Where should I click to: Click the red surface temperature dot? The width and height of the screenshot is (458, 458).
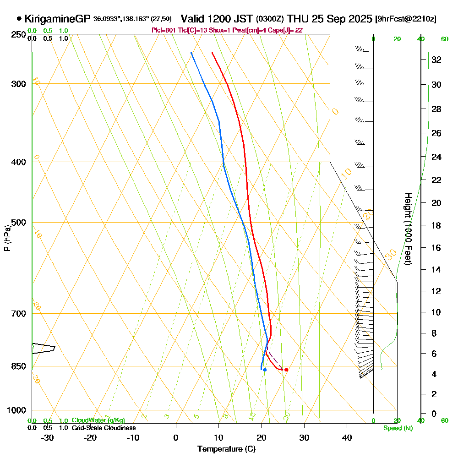click(x=286, y=370)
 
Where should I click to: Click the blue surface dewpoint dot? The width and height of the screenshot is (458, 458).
click(x=265, y=370)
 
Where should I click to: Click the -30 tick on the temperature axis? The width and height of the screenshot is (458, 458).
click(x=47, y=437)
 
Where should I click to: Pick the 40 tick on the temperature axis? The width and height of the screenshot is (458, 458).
click(x=347, y=437)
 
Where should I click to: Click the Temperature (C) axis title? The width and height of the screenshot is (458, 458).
click(x=226, y=449)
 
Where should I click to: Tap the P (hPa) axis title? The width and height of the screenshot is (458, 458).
click(x=7, y=238)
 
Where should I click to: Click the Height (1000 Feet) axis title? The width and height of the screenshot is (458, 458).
click(x=407, y=229)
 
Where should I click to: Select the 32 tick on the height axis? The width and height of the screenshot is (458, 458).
click(x=436, y=60)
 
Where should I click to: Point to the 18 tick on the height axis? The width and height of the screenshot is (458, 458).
click(x=436, y=225)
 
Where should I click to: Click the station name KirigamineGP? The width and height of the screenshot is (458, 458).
click(x=58, y=19)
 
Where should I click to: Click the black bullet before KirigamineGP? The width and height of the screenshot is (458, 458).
click(x=19, y=19)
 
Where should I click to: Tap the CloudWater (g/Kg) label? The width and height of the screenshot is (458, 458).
click(x=98, y=420)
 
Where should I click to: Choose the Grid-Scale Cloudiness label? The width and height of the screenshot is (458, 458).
click(x=103, y=428)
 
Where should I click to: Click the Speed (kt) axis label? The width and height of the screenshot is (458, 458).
click(x=397, y=428)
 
